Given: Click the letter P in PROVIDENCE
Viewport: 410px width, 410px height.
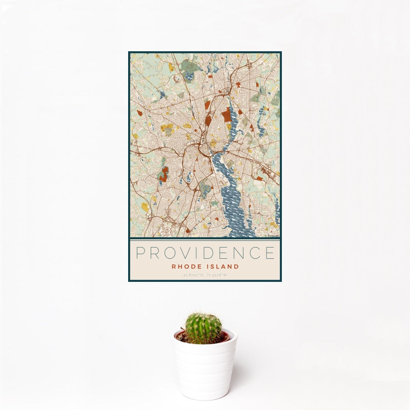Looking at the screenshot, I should [x=140, y=253].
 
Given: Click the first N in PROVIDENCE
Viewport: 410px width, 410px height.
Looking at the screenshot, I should [x=241, y=253].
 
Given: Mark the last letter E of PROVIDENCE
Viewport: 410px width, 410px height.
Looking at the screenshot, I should [x=270, y=253].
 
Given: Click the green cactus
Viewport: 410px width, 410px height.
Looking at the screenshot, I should [x=203, y=328].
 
